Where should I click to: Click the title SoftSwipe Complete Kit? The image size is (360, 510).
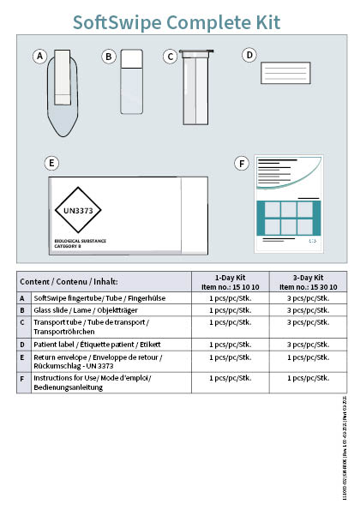coord(176,21)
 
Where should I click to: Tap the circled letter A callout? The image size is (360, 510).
coord(39,57)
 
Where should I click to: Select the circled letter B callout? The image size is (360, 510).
coord(109,57)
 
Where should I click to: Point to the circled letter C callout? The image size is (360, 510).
coord(171,57)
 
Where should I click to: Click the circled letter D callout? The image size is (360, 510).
coord(249,55)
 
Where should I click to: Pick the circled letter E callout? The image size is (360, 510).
coord(52,162)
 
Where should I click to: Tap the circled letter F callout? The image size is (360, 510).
coord(243,162)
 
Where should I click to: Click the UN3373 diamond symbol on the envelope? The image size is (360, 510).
coord(78,210)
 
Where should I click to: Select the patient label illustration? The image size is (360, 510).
coord(285,73)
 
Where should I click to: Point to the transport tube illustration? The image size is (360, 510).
coord(195,87)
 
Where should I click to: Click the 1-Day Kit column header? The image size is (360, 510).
coord(229,282)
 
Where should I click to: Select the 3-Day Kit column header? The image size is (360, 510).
coord(307,282)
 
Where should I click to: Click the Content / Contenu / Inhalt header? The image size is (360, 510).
coord(69,282)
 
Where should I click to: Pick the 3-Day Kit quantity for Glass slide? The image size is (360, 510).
coord(307,309)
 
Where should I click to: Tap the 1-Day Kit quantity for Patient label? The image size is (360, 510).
coord(229,344)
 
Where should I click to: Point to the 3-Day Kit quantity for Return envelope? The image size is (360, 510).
coord(307,357)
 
